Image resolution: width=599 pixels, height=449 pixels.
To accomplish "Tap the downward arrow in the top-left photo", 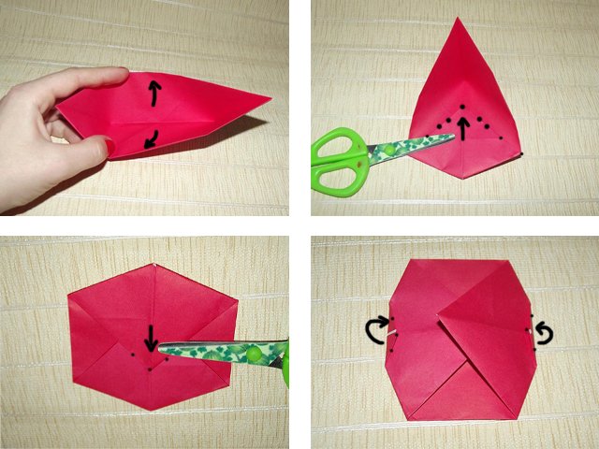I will point(151,139).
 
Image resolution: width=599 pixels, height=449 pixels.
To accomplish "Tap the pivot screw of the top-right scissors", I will point(383,150).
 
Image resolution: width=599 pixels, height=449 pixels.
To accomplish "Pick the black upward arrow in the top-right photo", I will point(462,125).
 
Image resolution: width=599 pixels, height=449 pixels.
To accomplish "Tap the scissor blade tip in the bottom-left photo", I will point(161,351).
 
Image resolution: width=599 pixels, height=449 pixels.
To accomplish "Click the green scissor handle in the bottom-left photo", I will point(285,364).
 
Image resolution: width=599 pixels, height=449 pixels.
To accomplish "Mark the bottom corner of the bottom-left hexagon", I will point(149,410).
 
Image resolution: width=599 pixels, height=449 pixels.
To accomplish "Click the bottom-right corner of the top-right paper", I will point(522,154).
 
